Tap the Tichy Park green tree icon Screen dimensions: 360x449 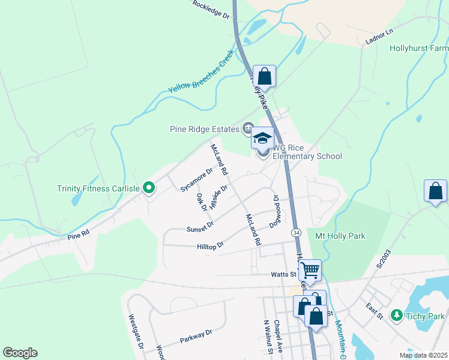pyautogui.click(x=396, y=315)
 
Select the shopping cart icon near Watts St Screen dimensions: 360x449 pyautogui.click(x=310, y=271)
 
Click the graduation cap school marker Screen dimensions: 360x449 pyautogui.click(x=262, y=139)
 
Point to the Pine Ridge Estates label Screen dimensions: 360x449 pyautogui.click(x=203, y=128)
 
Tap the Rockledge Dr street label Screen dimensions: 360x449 pyautogui.click(x=212, y=10)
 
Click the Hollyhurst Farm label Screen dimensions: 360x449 pyautogui.click(x=418, y=48)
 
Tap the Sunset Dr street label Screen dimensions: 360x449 pyautogui.click(x=200, y=227)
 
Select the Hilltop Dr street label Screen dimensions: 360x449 pyautogui.click(x=210, y=245)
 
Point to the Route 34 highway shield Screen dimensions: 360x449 pyautogui.click(x=296, y=232)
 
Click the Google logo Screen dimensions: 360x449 pyautogui.click(x=20, y=353)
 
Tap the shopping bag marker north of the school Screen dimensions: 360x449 pyautogui.click(x=264, y=77)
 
